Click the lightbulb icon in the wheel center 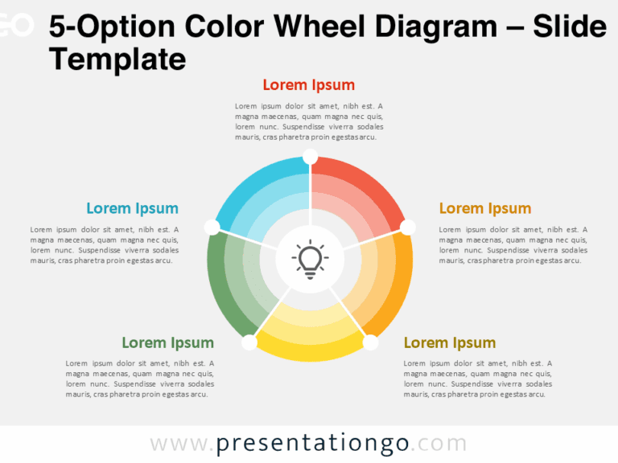tap(310, 259)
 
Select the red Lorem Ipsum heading tap(308, 85)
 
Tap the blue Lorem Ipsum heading tap(132, 209)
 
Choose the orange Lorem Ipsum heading tap(484, 209)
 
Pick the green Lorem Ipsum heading tap(167, 343)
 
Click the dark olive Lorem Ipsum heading tap(449, 343)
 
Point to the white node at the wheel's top tap(310, 156)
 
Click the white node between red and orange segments tap(408, 227)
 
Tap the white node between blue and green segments tap(212, 227)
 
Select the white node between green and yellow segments tap(249, 342)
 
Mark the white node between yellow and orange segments tap(370, 342)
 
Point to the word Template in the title tap(117, 59)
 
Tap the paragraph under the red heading tap(308, 121)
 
